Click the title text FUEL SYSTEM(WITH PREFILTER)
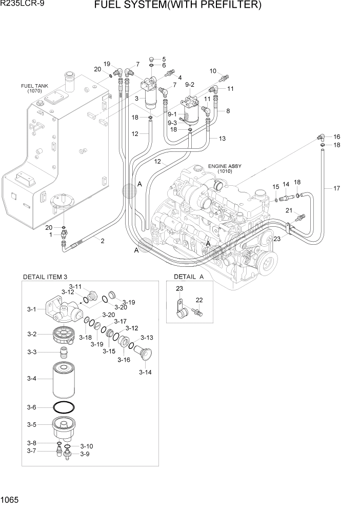click(185, 6)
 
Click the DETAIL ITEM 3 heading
click(45, 277)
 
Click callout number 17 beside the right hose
click(336, 188)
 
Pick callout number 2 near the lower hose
click(102, 241)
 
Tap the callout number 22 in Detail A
click(199, 300)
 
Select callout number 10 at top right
click(213, 71)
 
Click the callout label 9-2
click(189, 84)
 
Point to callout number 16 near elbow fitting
click(336, 137)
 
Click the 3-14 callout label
click(146, 372)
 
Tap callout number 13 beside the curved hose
click(222, 139)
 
